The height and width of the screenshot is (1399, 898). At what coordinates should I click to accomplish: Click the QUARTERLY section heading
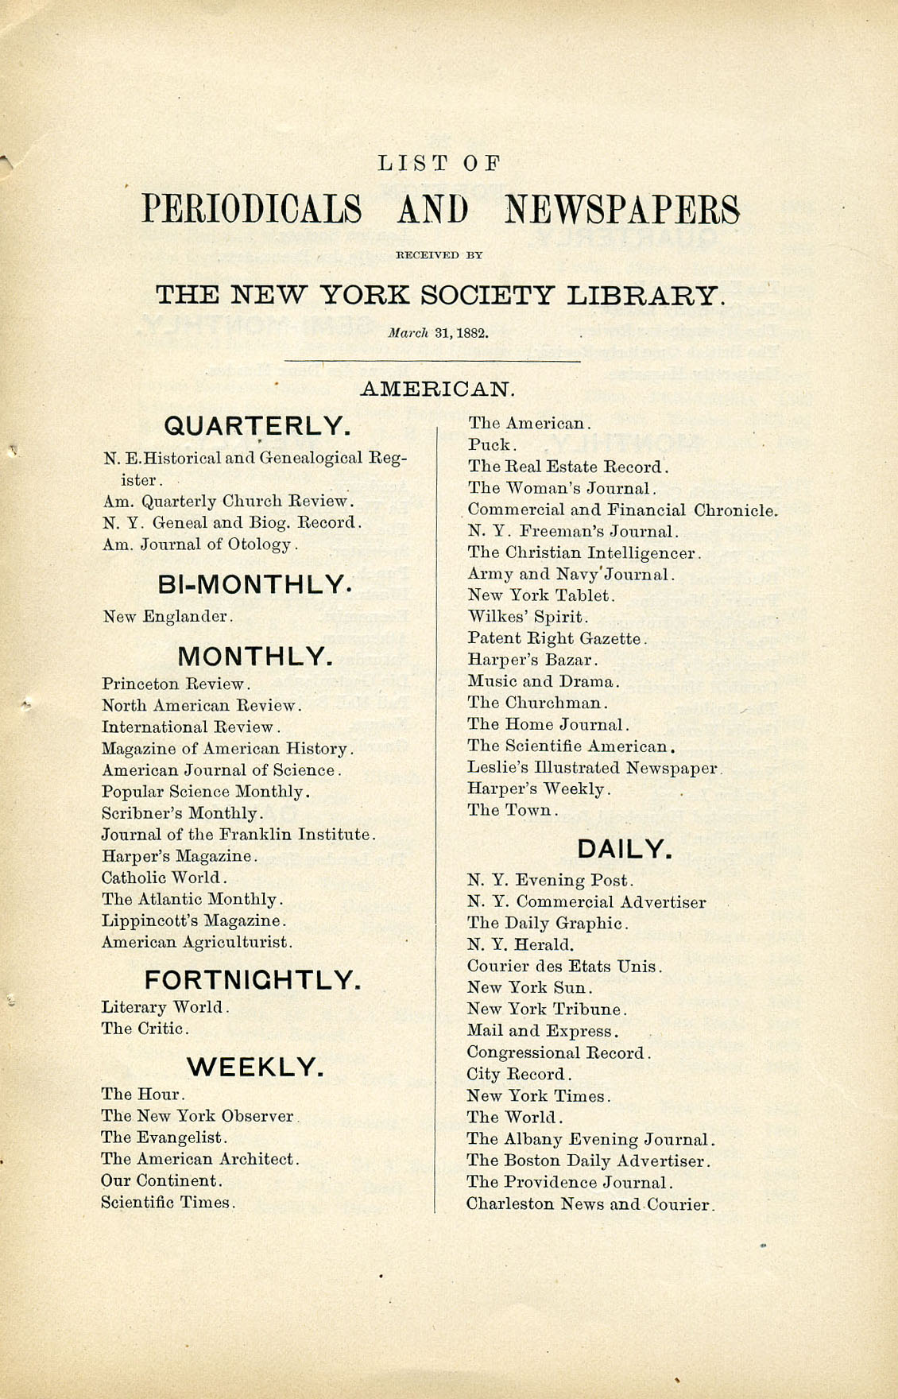point(257,426)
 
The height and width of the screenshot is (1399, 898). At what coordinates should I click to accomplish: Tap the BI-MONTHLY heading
point(254,585)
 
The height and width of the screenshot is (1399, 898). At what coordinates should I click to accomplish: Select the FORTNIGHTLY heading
point(253,979)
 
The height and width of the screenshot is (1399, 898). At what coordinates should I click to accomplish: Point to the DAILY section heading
point(625,850)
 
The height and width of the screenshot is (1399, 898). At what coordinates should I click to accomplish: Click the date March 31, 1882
point(438,333)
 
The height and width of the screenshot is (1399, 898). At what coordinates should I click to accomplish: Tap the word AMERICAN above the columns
point(438,389)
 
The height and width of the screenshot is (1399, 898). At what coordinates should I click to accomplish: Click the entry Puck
point(492,445)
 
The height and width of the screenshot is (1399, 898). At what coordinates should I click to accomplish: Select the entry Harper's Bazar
point(532,660)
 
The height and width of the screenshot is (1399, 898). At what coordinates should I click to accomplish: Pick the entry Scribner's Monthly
point(182,813)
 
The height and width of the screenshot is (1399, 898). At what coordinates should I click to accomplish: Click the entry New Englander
point(167,616)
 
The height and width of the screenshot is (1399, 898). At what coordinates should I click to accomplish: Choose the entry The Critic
point(145,1029)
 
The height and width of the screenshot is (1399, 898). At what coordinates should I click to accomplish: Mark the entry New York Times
point(538,1096)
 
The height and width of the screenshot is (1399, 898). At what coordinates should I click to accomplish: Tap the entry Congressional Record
point(558,1053)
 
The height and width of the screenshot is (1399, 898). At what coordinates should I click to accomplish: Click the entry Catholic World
point(164,878)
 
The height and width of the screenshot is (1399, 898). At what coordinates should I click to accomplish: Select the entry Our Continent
point(161,1180)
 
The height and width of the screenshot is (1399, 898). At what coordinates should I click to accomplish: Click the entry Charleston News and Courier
point(590,1204)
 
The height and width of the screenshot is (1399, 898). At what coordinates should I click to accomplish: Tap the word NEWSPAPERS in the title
point(622,210)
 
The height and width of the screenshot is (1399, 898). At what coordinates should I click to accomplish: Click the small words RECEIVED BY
point(439,256)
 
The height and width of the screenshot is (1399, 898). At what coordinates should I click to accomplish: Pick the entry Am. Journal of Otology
point(199,544)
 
